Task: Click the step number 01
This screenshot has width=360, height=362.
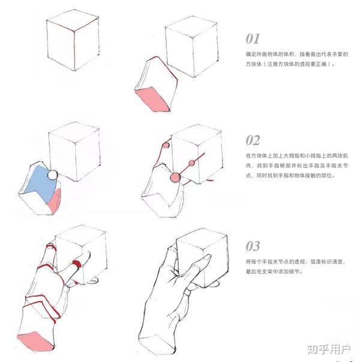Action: point(253,39)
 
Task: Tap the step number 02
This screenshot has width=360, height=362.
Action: point(253,140)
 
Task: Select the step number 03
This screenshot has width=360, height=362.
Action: point(253,246)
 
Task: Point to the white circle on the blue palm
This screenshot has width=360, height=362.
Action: point(53,175)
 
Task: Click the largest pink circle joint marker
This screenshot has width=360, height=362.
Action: point(175,177)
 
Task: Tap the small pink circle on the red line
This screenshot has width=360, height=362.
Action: point(192,163)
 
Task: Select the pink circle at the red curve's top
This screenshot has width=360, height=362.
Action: point(166,146)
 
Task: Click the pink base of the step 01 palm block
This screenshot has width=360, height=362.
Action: point(152,99)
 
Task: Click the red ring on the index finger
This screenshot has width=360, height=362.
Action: point(77,264)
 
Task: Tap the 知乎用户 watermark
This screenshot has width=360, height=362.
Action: point(329,349)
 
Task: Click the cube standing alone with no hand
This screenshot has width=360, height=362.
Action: point(73,40)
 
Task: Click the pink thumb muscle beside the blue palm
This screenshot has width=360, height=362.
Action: point(55,200)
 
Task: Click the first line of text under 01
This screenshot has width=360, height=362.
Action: point(296,55)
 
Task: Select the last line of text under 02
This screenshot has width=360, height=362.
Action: point(290,176)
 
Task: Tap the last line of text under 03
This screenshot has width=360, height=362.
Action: point(274,271)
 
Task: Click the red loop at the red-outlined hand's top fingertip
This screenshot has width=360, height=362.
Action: point(51,246)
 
